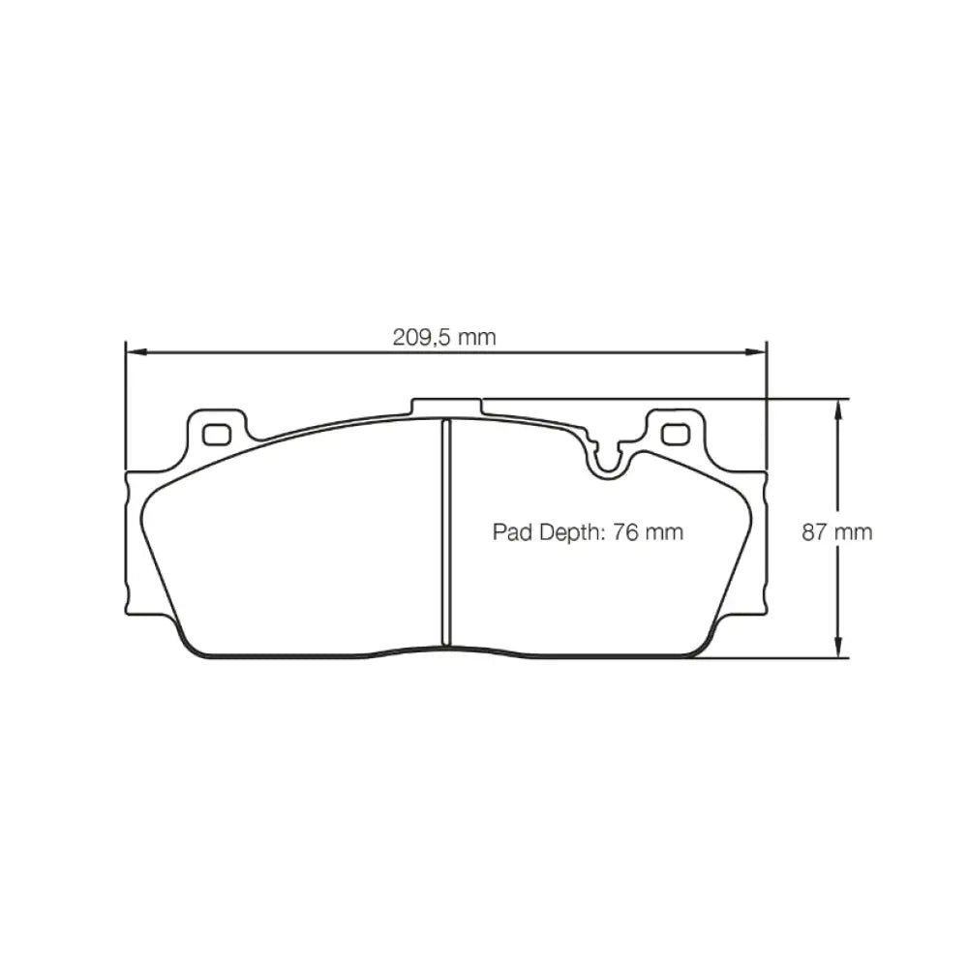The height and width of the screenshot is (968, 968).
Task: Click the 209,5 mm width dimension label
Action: tap(444, 337)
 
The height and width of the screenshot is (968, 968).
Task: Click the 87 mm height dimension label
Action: tap(836, 531)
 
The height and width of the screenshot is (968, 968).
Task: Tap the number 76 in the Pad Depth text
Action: tap(624, 531)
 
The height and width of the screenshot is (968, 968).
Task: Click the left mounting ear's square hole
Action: tap(217, 435)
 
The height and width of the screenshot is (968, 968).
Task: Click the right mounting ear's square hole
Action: tap(675, 434)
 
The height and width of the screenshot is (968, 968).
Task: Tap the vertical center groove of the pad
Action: tap(446, 532)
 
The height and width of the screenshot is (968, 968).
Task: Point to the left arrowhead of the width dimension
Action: tap(136, 352)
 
